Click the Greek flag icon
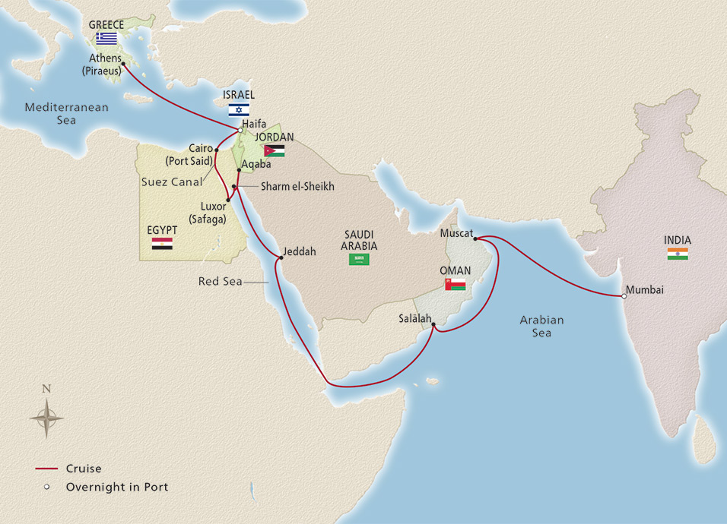point(106,38)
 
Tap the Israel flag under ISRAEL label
point(239,109)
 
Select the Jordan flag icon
point(274,150)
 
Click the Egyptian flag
point(162,244)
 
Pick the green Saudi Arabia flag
point(359,259)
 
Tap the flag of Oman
point(456,284)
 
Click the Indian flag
point(677,254)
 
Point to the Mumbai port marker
point(624,295)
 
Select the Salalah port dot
point(433,326)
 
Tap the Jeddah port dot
point(281,257)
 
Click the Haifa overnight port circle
point(240,131)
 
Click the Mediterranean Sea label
point(66,114)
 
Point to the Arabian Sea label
point(541,326)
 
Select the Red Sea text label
point(220,282)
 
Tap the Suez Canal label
point(172,182)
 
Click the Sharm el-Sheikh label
point(297,186)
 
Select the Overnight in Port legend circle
point(46,487)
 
